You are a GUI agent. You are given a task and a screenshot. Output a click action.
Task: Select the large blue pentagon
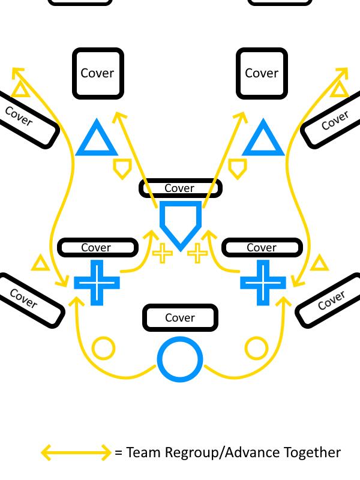(x=180, y=222)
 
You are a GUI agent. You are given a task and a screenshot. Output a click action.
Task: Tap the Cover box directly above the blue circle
(x=180, y=317)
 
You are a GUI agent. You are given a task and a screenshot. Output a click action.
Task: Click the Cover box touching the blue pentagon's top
(x=180, y=188)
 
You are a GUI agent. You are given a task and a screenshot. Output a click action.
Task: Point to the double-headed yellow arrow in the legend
(x=76, y=452)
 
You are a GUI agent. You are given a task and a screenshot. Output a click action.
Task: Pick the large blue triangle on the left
(x=96, y=140)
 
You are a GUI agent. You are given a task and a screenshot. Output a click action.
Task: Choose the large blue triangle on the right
(x=263, y=140)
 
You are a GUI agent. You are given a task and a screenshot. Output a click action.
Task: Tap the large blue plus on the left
(x=96, y=281)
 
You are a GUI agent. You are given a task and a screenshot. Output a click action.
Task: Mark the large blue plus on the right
(x=263, y=281)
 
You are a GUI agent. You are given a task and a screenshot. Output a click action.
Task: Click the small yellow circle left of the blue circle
(x=103, y=349)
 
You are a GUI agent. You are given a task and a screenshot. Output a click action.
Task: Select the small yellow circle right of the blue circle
(x=257, y=349)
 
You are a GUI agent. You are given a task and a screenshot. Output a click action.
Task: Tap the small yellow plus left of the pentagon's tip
(x=162, y=253)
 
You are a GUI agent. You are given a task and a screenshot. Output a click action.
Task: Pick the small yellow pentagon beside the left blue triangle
(x=122, y=168)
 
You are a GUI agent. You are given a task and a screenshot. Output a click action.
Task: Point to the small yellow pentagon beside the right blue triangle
(x=238, y=168)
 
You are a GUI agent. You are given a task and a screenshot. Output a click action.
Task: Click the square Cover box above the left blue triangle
(x=98, y=73)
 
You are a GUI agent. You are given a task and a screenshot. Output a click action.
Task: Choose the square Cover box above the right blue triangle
(x=262, y=73)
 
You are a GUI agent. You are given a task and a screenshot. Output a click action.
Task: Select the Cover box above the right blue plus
(x=262, y=247)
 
